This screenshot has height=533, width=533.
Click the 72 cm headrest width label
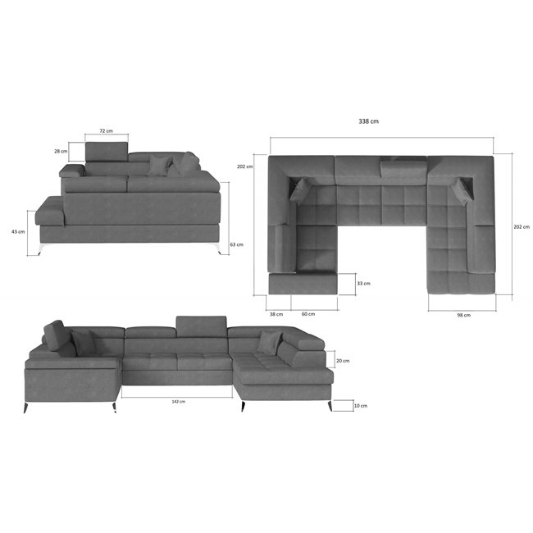(x=106, y=130)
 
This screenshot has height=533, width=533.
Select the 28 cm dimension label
(x=59, y=151)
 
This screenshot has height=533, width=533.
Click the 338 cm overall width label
(x=368, y=121)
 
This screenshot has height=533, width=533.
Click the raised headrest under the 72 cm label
(x=106, y=152)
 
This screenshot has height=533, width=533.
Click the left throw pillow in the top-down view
(x=300, y=189)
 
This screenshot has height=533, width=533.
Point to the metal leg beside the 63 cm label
(x=215, y=248)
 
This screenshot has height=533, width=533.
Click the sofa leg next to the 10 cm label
(x=330, y=406)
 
